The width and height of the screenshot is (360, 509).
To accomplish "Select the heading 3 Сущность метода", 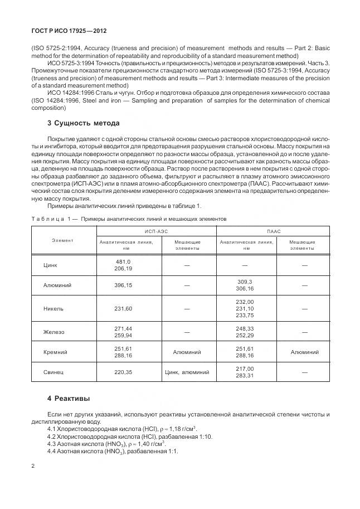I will click(x=83, y=123).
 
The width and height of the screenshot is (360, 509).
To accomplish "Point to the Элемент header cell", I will click(x=63, y=240).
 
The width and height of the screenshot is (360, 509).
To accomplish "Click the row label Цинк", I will click(x=50, y=265).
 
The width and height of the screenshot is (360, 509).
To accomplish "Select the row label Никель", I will click(x=52, y=308).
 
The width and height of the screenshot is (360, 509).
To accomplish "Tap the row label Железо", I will click(x=53, y=332).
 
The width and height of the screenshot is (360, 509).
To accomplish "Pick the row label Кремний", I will click(x=55, y=352).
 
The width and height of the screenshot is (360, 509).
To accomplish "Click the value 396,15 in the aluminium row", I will click(x=123, y=285).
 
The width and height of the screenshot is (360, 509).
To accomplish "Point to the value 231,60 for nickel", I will click(x=123, y=308).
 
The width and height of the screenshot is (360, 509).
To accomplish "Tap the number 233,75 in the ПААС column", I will click(x=245, y=316).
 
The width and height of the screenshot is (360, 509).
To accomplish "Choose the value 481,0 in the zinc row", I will click(x=123, y=261).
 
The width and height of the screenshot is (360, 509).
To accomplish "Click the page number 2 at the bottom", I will click(x=32, y=466).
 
